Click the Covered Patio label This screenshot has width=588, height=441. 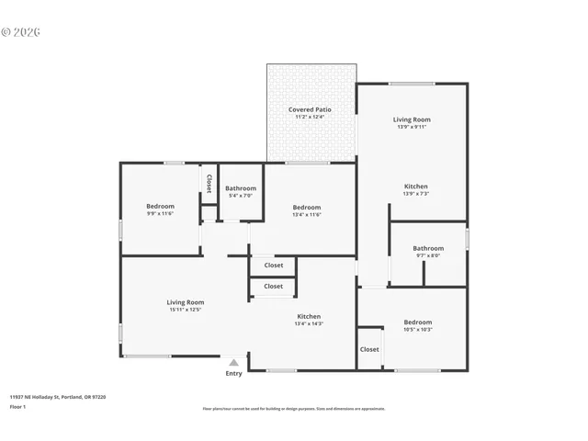310,109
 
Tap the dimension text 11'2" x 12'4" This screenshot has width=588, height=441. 310,117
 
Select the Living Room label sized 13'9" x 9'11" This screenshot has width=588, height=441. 412,119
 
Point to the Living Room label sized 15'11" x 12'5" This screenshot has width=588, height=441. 185,302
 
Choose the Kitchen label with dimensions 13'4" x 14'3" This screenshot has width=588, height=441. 308,316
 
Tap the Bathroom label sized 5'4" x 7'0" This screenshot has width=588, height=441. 241,188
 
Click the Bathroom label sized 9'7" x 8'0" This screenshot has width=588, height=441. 428,248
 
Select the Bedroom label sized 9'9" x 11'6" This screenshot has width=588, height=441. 160,206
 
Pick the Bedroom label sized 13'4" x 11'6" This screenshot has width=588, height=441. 307,208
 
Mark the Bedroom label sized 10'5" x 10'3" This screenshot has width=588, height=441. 418,322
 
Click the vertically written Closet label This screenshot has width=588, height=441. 209,182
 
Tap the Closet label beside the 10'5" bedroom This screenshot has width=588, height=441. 369,349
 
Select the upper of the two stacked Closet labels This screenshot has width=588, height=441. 274,266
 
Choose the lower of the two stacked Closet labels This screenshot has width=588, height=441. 274,286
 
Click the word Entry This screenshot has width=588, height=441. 234,373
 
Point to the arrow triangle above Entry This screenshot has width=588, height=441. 234,363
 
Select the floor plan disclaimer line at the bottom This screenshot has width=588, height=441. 294,409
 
